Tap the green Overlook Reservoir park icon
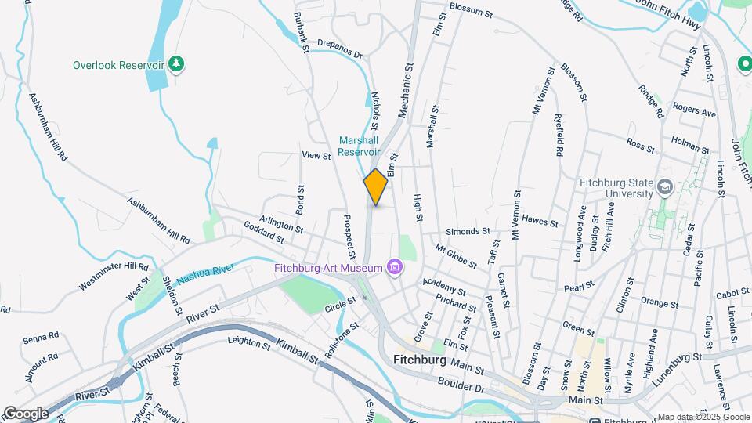coord(178,64)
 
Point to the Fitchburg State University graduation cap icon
coord(665,188)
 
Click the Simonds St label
coord(468,232)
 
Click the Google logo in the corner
coord(26,413)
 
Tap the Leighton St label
coord(248,341)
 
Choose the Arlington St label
coord(283,226)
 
